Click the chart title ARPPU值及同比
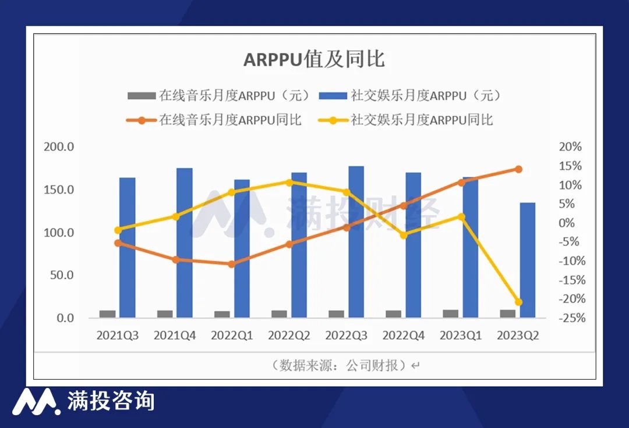(x=314, y=60)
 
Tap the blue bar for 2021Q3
(x=127, y=247)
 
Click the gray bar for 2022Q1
(x=222, y=314)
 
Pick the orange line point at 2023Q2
(x=518, y=169)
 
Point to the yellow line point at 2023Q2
(x=518, y=302)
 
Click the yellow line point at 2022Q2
(x=289, y=182)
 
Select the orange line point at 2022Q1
(x=232, y=264)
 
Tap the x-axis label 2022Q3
(x=346, y=336)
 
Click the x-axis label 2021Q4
(x=175, y=336)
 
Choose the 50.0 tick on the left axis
(x=62, y=275)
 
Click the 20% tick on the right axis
(x=570, y=147)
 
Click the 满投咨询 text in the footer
(x=111, y=401)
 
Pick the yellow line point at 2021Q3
(x=118, y=230)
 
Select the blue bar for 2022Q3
(x=356, y=241)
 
